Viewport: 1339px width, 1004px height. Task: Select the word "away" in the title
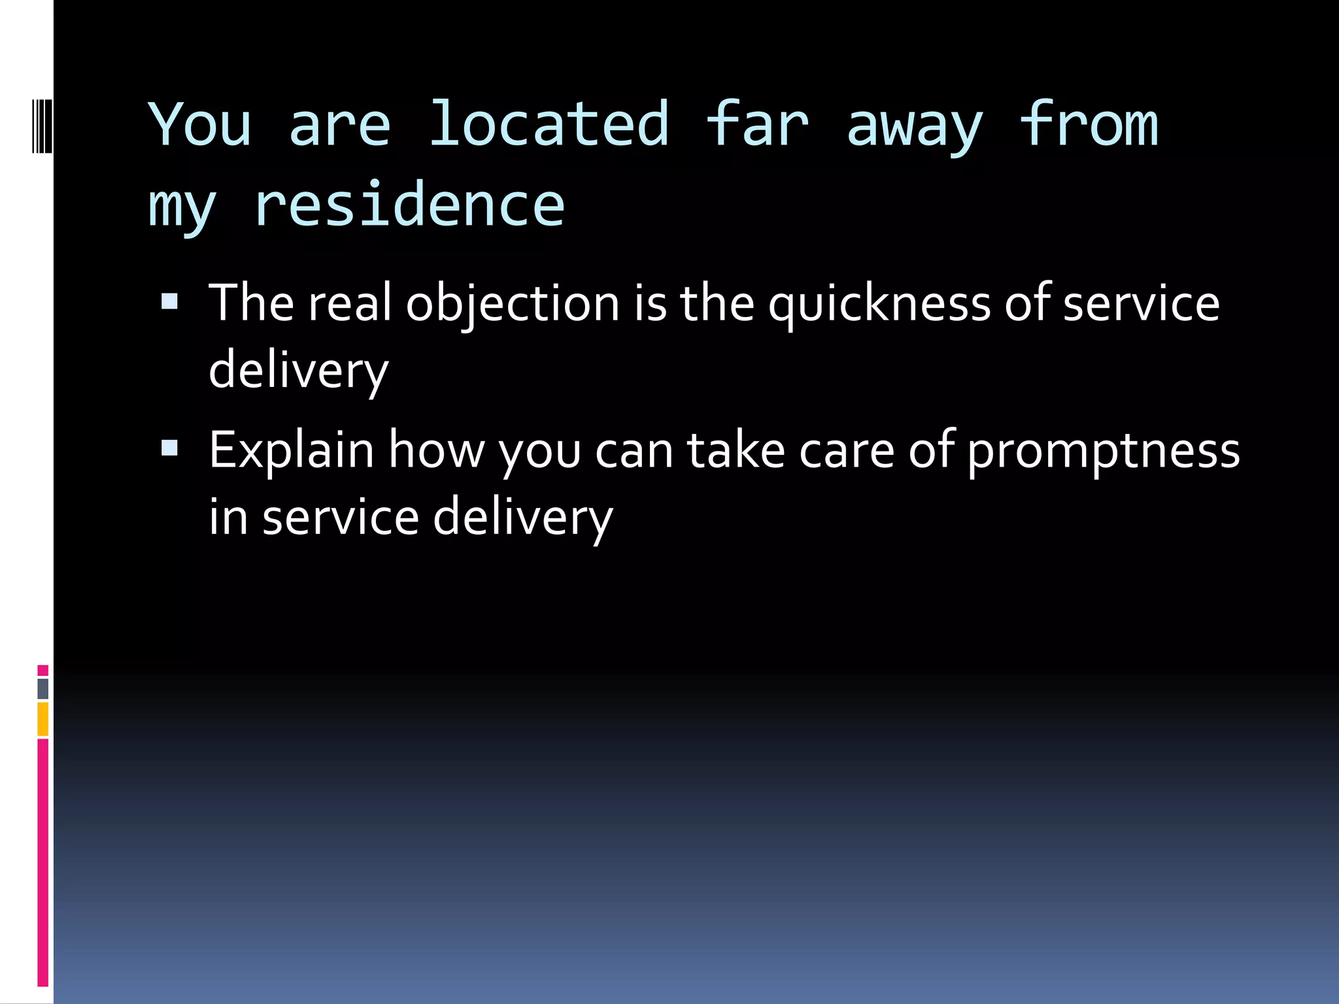tap(915, 127)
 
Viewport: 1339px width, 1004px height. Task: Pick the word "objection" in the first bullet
tap(513, 305)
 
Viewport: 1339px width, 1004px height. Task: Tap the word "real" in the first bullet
tap(350, 303)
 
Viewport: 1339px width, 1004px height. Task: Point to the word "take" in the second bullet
tap(736, 451)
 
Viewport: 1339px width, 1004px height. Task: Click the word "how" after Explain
tap(437, 451)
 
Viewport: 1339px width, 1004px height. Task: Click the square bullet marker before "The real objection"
tap(169, 301)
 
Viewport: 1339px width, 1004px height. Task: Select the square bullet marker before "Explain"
tap(169, 448)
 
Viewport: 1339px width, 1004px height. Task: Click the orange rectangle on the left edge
tap(43, 719)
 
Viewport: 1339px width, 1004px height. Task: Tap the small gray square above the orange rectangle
tap(43, 688)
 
